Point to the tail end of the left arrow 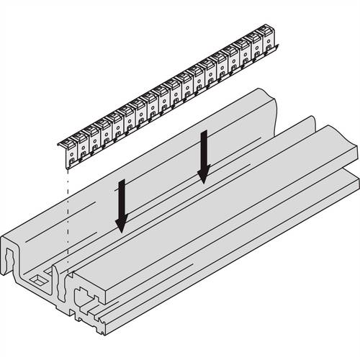[x=123, y=182]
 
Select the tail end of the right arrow [x=206, y=132]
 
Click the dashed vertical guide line [x=64, y=216]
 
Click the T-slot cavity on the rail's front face [x=85, y=297]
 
